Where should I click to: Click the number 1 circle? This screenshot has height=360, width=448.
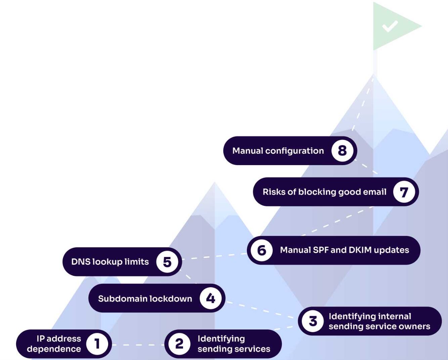(97, 344)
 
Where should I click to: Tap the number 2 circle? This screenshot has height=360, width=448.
(179, 344)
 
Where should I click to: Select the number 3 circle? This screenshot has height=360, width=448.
(313, 321)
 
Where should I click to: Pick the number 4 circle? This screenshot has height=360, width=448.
(211, 298)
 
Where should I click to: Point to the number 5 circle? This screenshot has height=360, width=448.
(167, 262)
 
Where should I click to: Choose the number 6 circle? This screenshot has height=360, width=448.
(262, 250)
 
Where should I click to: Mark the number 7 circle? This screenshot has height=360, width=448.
(404, 192)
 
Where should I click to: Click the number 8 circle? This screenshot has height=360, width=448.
(342, 151)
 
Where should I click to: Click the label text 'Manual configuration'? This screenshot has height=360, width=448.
(278, 151)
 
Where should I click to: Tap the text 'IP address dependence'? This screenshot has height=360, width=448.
(54, 344)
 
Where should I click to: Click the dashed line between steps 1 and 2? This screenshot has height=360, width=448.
(138, 345)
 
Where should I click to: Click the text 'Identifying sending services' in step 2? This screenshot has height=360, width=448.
(234, 344)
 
